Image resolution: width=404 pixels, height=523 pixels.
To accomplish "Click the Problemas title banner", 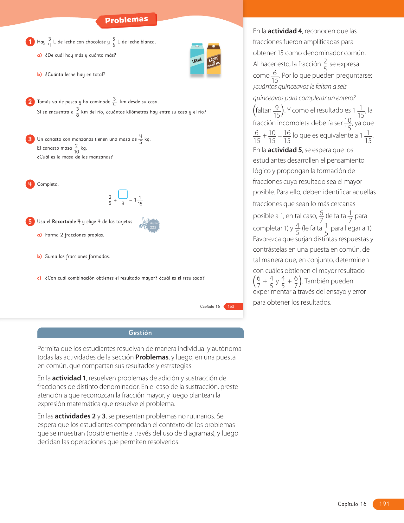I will pyautogui.click(x=126, y=20).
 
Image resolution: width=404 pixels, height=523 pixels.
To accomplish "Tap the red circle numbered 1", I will pyautogui.click(x=30, y=42).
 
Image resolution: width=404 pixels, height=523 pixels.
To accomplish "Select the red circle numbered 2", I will pyautogui.click(x=30, y=101).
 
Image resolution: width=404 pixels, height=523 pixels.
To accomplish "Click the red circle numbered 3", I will pyautogui.click(x=30, y=139).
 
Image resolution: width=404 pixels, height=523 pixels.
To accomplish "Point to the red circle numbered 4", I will pyautogui.click(x=30, y=184).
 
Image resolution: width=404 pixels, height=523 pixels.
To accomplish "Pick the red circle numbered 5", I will pyautogui.click(x=30, y=221).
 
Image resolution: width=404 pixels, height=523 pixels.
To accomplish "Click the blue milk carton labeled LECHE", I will pyautogui.click(x=197, y=59).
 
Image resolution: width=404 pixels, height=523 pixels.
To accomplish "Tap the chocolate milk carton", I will pyautogui.click(x=214, y=59).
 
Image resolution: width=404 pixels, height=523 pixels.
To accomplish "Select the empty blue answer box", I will pyautogui.click(x=123, y=194).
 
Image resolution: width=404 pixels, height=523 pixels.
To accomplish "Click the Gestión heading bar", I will pyautogui.click(x=140, y=333).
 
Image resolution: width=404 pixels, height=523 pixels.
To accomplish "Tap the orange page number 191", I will pyautogui.click(x=385, y=504).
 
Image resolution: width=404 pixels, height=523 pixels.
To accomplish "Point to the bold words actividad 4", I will pyautogui.click(x=285, y=31).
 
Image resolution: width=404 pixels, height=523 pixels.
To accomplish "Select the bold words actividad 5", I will pyautogui.click(x=285, y=150).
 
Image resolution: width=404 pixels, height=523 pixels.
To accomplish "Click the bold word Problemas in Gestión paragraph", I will pyautogui.click(x=152, y=357).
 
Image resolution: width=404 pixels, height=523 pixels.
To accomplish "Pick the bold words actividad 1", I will pyautogui.click(x=69, y=378).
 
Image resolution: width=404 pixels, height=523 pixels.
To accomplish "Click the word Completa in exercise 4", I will pyautogui.click(x=48, y=184).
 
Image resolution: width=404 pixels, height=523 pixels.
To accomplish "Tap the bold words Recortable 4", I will pyautogui.click(x=66, y=222).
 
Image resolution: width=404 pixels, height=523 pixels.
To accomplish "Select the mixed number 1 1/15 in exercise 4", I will pyautogui.click(x=138, y=201).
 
